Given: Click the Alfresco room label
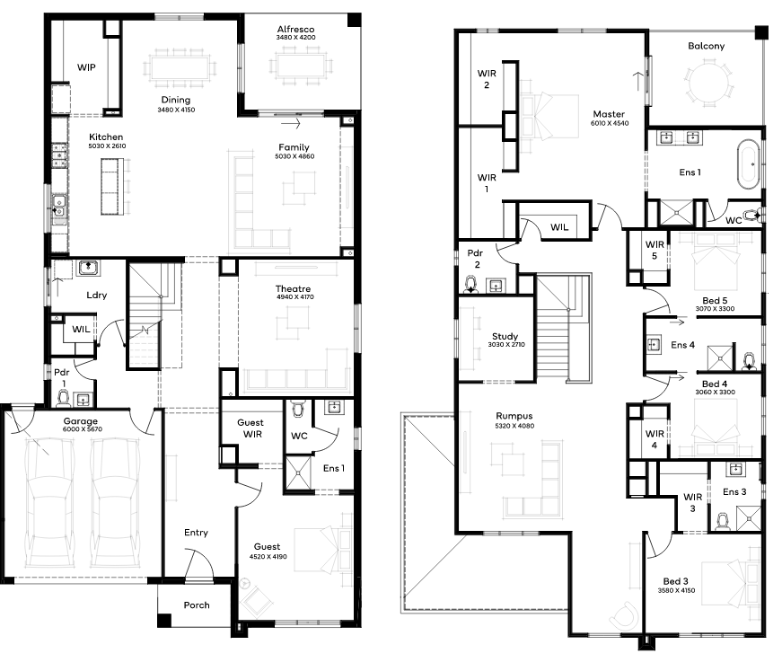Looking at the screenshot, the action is click(x=295, y=29).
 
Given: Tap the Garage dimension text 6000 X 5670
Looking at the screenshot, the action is click(x=83, y=429).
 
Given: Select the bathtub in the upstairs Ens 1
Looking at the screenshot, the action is click(x=748, y=164).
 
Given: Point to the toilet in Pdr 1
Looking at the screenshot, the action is click(x=64, y=398).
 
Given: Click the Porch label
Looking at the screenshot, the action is click(x=197, y=605).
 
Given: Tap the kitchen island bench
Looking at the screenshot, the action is click(x=111, y=187).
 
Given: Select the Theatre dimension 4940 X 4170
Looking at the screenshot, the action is click(x=295, y=296).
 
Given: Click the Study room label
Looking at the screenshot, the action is click(x=505, y=336).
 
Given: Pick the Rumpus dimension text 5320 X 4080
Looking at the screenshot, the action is click(x=514, y=426).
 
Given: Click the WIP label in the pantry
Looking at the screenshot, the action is click(x=86, y=67).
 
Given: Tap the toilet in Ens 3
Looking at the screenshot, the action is click(x=722, y=521).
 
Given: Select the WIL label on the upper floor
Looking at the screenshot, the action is click(x=559, y=227).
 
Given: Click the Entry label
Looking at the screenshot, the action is click(x=196, y=533).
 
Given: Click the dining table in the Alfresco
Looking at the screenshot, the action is click(x=301, y=66).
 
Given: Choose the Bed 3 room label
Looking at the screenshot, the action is click(x=676, y=581).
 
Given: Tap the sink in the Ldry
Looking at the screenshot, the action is click(x=88, y=268).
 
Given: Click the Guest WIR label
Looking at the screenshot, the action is click(x=251, y=428).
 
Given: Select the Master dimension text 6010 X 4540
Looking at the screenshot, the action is click(x=610, y=123).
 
